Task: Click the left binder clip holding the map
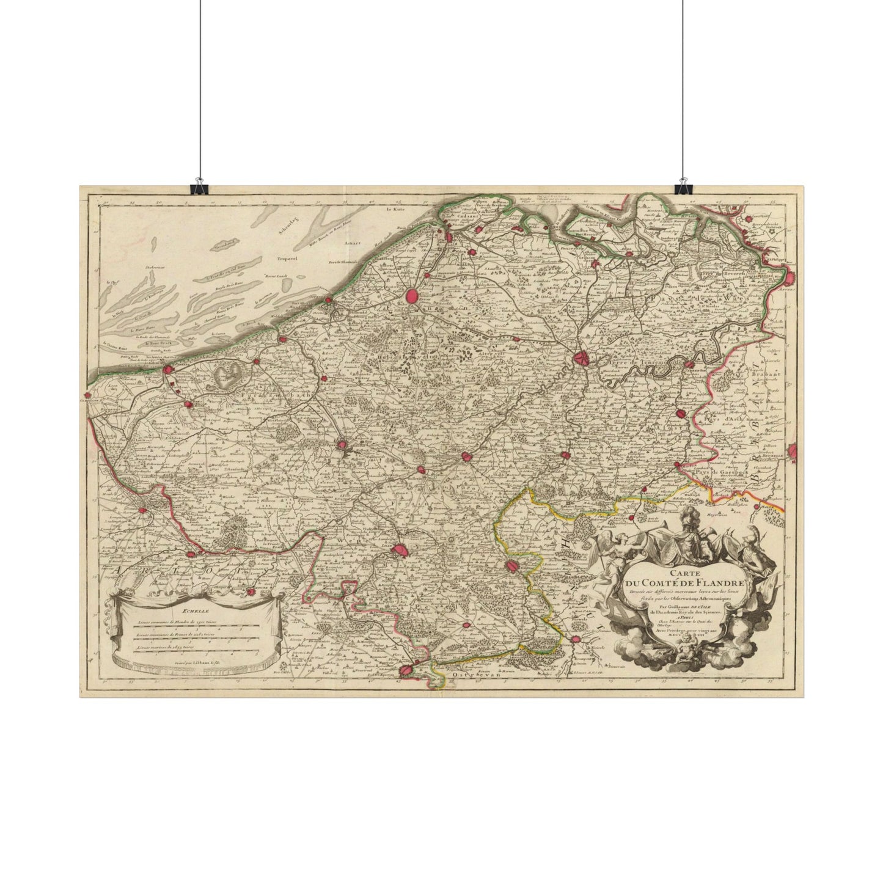click(x=198, y=186)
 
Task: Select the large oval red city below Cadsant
click(x=413, y=296)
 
